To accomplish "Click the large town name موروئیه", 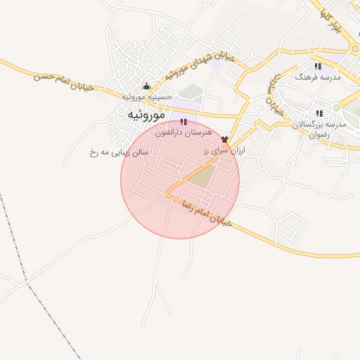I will coord(146,115).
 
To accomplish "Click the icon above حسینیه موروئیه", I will coord(146,86).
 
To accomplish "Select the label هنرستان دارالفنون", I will coord(184,132).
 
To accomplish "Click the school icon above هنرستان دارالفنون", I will coord(184,122).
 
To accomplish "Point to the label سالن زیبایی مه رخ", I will coord(119,151).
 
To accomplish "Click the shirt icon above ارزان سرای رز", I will coord(225,140).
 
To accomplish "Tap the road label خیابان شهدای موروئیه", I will coord(195,65).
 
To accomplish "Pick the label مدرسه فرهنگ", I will coord(318,77).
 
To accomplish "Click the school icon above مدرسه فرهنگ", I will coord(318,66).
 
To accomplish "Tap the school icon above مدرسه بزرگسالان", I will coord(319,113).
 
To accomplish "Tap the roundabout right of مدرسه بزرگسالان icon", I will coord(337,108).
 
